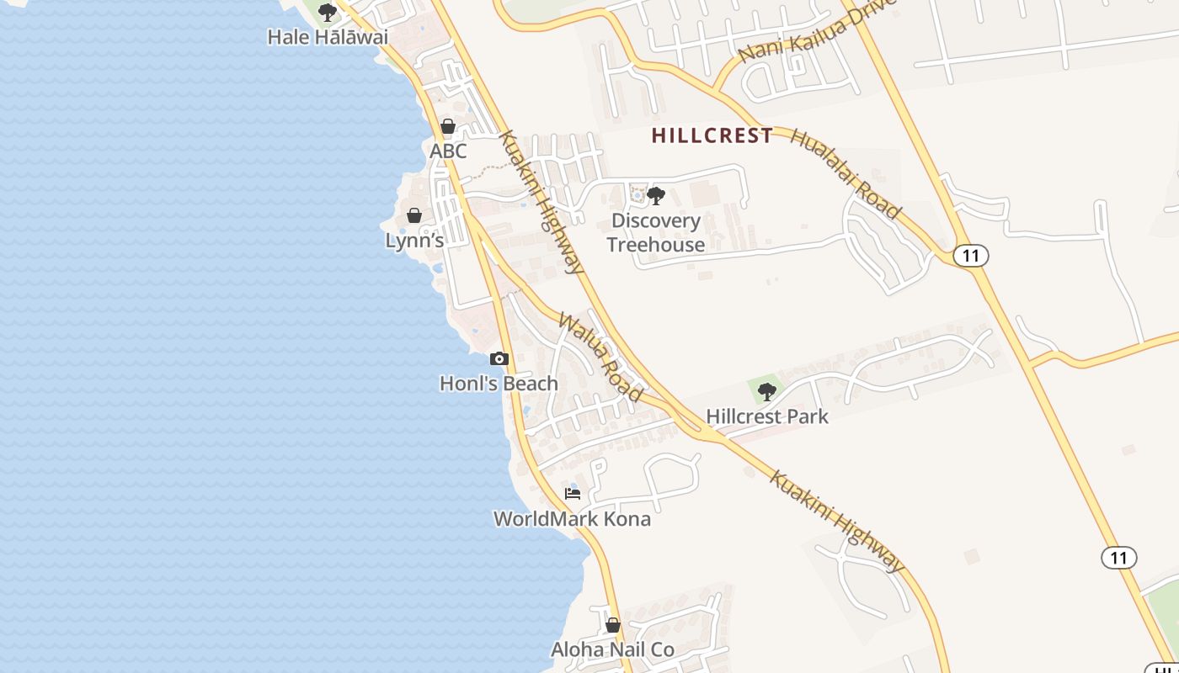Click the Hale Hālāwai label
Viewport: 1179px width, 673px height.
click(328, 37)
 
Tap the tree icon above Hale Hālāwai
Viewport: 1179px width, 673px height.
click(328, 13)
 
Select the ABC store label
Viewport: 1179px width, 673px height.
click(448, 151)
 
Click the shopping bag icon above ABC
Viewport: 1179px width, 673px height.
click(448, 127)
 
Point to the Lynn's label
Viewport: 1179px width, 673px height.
click(414, 241)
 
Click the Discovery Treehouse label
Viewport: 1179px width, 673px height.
click(656, 233)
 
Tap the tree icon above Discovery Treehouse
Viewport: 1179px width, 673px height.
click(656, 197)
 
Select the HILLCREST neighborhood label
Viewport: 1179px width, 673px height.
click(712, 135)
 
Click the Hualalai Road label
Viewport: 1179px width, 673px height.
click(846, 174)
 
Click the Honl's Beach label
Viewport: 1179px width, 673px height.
click(499, 384)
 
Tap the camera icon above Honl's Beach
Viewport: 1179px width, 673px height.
click(499, 359)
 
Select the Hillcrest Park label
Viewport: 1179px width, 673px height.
click(767, 416)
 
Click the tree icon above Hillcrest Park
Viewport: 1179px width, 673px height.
click(766, 391)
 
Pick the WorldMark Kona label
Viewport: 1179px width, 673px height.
click(572, 519)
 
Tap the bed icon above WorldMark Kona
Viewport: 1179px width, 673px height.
click(573, 493)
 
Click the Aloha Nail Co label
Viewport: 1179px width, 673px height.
click(612, 649)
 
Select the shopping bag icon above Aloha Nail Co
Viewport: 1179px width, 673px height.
click(613, 625)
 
